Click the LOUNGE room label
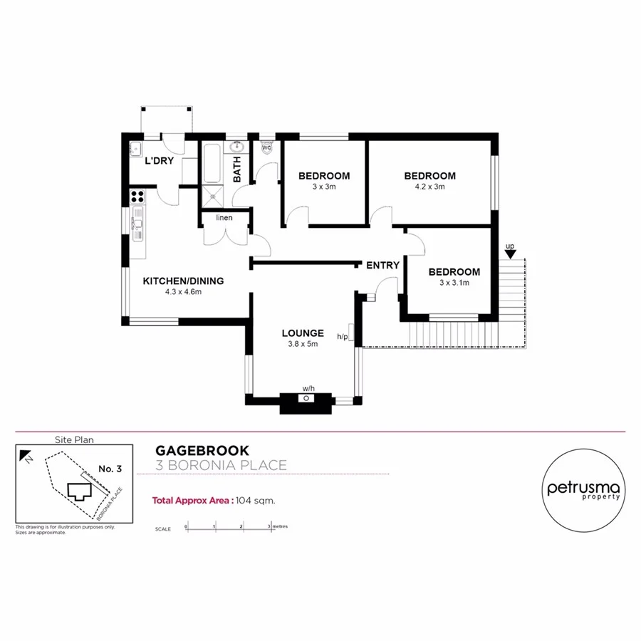[303, 333]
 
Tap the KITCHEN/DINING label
[183, 281]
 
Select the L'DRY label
[159, 161]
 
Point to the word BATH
[237, 169]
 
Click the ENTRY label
[382, 266]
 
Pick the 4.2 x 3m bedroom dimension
[429, 187]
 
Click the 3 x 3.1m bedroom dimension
[454, 283]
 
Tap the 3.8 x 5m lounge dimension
[303, 344]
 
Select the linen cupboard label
[224, 218]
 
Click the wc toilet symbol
[266, 148]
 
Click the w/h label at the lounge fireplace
[308, 388]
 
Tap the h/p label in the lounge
[343, 337]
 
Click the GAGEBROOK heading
[202, 451]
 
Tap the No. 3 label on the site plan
[110, 469]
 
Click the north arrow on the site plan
[26, 455]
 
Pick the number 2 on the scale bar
[241, 526]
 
